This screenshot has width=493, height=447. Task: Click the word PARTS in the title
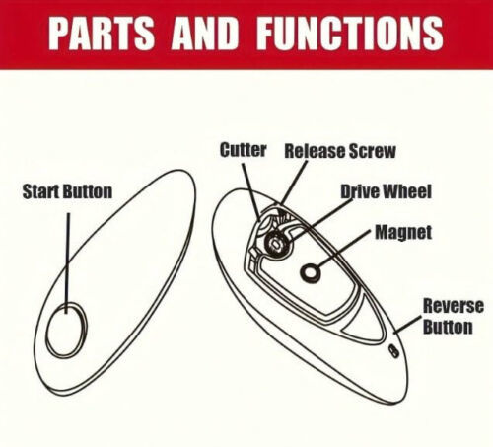102,33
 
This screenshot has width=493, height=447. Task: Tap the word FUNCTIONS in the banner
350,33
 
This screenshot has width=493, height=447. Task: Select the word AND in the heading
204,33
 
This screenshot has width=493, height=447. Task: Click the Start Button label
67,191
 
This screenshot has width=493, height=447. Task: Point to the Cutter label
243,150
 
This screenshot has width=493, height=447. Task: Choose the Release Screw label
340,151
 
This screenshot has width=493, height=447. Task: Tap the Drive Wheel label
386,191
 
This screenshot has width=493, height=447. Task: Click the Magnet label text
403,233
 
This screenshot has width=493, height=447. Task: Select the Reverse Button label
453,316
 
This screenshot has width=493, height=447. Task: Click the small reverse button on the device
393,351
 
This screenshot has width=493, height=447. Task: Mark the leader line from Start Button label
68,263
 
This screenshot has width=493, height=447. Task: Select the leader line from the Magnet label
344,249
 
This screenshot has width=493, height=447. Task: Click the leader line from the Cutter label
251,191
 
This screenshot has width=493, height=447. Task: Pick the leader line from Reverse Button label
407,325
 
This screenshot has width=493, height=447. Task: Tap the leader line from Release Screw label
294,182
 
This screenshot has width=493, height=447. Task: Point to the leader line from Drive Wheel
320,219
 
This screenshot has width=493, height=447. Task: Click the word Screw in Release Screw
372,151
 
